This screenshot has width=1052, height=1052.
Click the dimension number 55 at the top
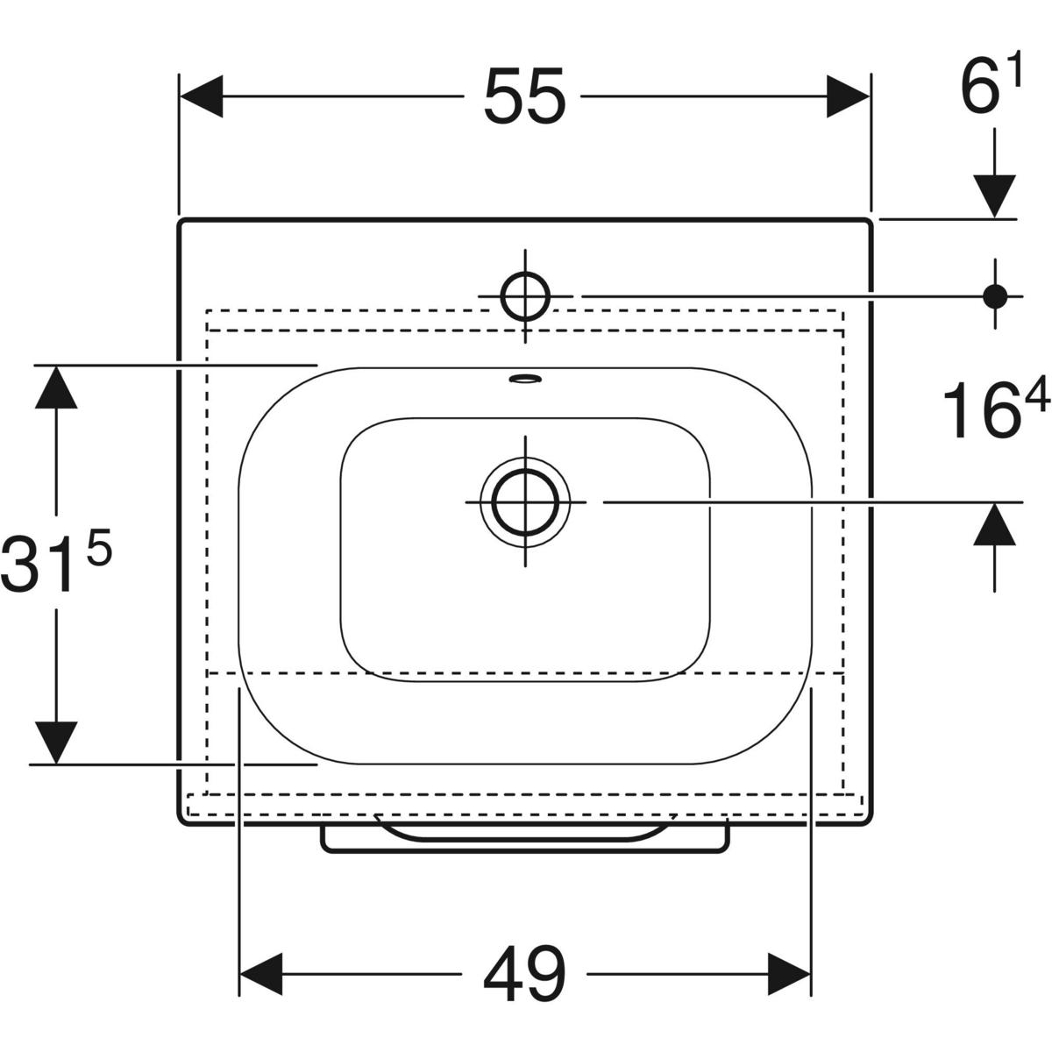click(524, 96)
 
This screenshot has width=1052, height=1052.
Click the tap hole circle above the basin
click(525, 296)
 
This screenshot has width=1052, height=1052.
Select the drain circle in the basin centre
click(525, 501)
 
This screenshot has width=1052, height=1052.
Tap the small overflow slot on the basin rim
click(525, 378)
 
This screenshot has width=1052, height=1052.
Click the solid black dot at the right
click(995, 296)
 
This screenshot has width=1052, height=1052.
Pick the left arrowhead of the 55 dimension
click(201, 96)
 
